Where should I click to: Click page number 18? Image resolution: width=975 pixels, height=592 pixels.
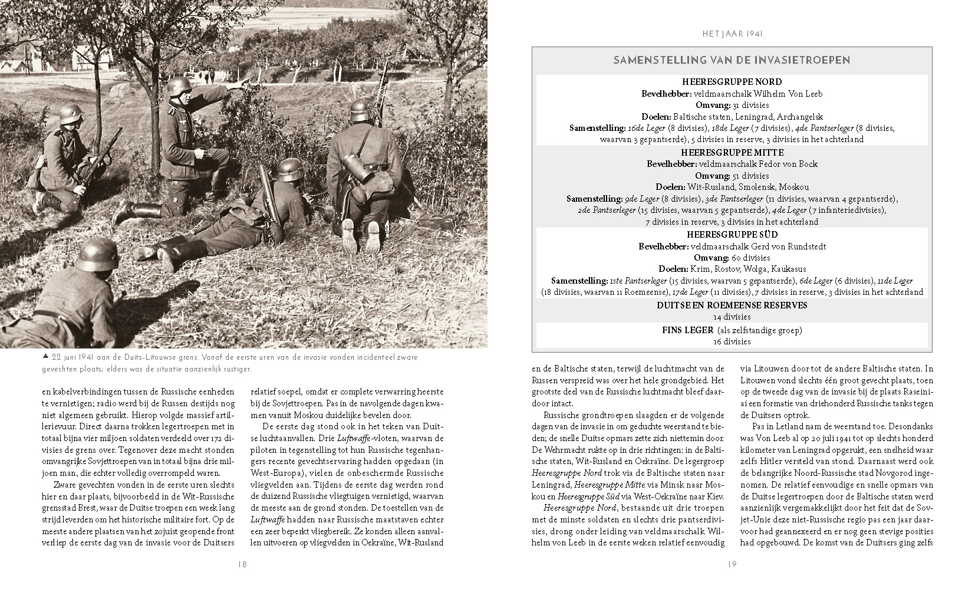tap(242, 564)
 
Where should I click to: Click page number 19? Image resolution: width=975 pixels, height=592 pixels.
tap(732, 564)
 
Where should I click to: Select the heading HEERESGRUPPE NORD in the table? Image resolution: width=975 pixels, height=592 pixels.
tap(732, 82)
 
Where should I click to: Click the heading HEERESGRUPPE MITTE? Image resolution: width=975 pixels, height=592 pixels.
tap(732, 152)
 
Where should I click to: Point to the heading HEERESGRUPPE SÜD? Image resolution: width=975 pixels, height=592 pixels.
tap(732, 235)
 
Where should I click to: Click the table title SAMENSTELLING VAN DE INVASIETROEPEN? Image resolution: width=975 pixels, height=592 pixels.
tap(732, 60)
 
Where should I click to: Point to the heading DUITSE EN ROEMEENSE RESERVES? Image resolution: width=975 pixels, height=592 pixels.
tap(732, 305)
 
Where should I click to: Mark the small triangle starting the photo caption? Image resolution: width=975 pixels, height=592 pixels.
tap(45, 357)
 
